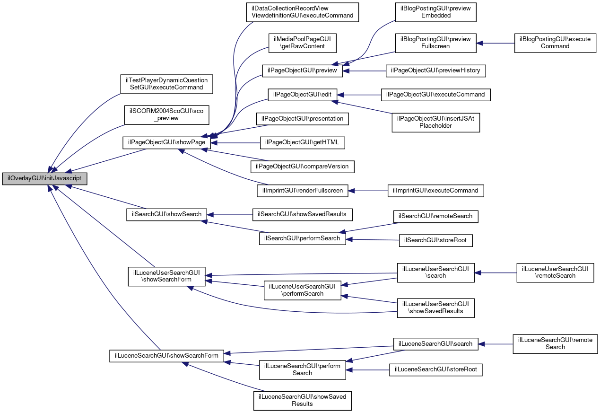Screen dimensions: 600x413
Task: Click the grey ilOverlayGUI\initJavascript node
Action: (45, 179)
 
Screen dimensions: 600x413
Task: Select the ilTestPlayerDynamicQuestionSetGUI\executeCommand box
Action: (166, 84)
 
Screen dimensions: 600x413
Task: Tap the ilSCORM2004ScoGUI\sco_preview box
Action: (166, 115)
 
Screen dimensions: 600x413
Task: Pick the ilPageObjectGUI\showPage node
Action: (166, 143)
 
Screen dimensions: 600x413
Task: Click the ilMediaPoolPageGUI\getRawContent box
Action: (303, 43)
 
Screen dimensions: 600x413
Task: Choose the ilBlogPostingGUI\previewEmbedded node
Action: (436, 12)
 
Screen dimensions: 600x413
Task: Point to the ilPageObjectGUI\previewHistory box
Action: (436, 71)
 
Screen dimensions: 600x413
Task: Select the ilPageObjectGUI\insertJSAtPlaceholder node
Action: (436, 123)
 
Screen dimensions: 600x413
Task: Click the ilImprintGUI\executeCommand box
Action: (436, 191)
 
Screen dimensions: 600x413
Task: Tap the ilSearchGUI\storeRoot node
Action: (436, 241)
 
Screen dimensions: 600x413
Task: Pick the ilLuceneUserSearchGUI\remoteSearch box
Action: (555, 273)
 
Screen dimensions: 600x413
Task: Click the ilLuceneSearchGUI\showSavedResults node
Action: (303, 401)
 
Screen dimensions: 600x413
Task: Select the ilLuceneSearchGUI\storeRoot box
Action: (436, 370)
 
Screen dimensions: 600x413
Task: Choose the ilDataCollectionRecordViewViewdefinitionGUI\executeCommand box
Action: (303, 12)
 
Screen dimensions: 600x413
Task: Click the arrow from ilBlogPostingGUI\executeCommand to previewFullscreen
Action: (496, 43)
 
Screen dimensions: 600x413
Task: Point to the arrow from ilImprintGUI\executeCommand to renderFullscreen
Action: (368, 191)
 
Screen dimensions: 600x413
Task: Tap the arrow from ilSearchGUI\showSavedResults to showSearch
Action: (230, 215)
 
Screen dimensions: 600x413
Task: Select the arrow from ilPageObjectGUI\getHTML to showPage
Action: (235, 143)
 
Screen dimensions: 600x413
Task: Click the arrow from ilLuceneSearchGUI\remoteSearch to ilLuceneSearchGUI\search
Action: (496, 344)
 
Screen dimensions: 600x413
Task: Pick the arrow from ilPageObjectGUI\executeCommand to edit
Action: (359, 95)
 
